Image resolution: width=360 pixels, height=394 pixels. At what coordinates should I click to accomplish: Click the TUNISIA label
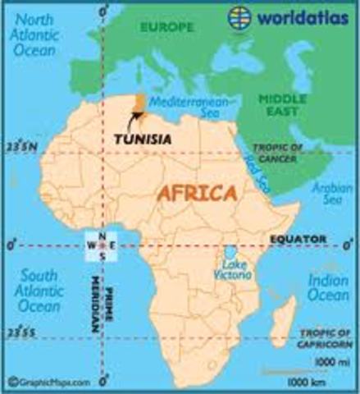(143, 139)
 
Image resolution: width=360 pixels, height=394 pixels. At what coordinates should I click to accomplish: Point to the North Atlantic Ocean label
(39, 35)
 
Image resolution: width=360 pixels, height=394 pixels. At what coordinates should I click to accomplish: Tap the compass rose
(103, 244)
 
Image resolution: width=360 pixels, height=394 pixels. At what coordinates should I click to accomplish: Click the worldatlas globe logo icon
(239, 16)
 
